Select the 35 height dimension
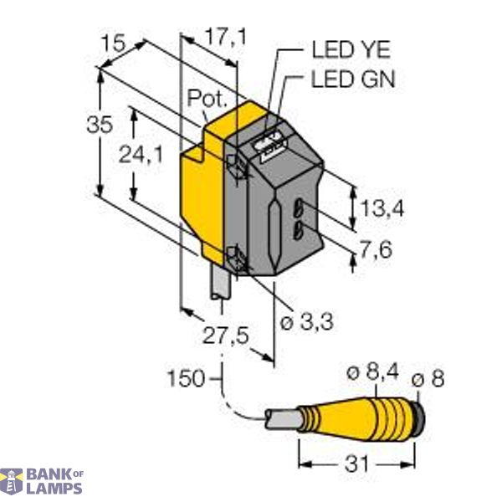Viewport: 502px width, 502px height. point(100,125)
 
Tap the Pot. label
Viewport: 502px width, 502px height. point(206,99)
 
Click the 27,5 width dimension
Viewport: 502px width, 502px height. point(227,336)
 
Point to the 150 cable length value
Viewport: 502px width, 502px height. point(186,378)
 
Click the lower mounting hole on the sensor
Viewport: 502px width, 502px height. point(238,259)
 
